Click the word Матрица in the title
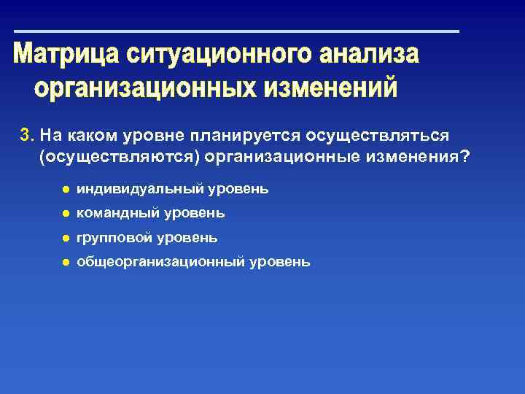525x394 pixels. (x=66, y=55)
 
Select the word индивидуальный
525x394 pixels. (x=140, y=189)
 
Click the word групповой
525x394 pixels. (x=116, y=238)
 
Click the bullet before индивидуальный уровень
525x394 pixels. (x=65, y=190)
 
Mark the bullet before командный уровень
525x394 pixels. (x=65, y=214)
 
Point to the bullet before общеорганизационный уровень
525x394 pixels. (x=65, y=262)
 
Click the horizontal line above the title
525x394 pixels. (x=237, y=31)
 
